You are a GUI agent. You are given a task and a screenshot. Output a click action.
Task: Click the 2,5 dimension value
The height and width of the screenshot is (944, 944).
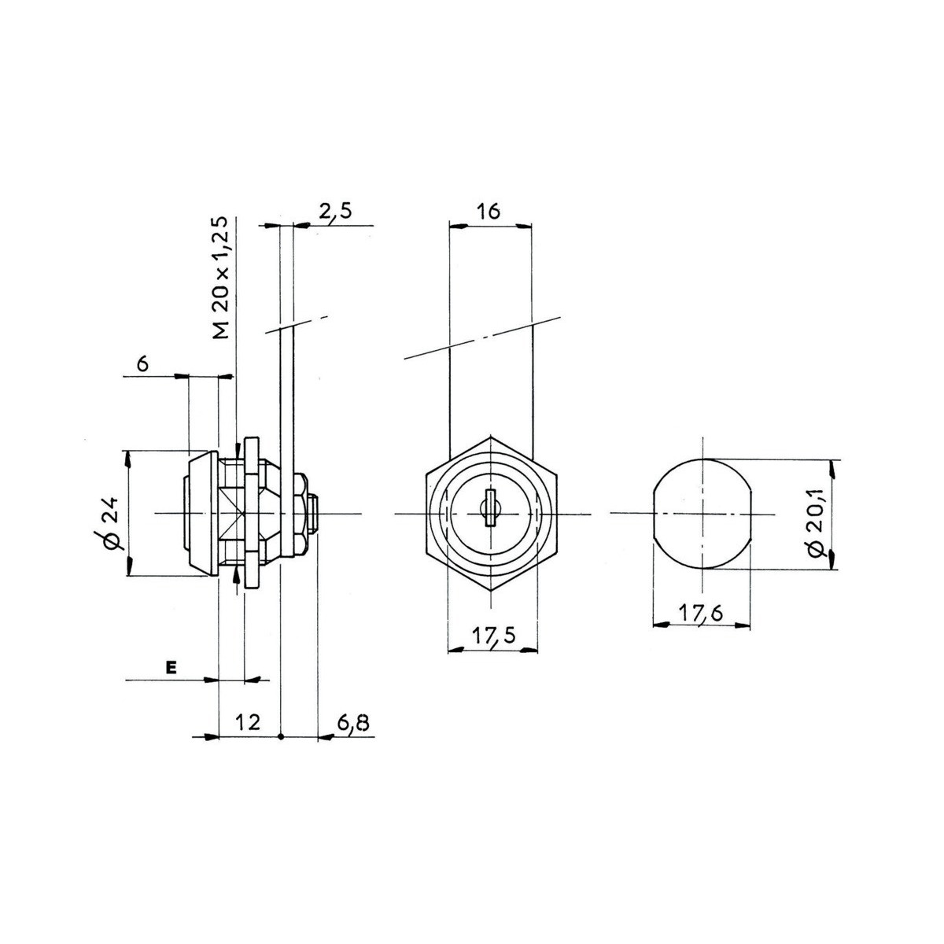pos(336,212)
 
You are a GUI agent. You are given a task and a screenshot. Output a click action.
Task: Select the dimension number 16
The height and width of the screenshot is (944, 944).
pos(489,212)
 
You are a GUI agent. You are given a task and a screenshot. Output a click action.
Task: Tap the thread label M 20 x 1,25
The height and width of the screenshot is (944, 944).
pos(221,277)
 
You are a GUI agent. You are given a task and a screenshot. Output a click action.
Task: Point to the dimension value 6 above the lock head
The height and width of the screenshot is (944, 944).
pos(142,364)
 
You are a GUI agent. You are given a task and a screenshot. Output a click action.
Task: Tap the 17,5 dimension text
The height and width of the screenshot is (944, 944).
pos(494,636)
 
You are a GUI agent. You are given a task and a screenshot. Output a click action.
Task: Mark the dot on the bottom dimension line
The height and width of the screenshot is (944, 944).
pos(281,750)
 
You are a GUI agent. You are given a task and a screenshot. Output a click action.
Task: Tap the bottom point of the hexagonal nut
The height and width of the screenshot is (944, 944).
pos(489,592)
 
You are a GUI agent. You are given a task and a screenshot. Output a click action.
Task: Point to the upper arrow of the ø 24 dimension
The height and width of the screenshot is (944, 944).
pos(128,460)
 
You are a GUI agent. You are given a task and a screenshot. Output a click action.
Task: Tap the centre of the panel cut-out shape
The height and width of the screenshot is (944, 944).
pos(702,514)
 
